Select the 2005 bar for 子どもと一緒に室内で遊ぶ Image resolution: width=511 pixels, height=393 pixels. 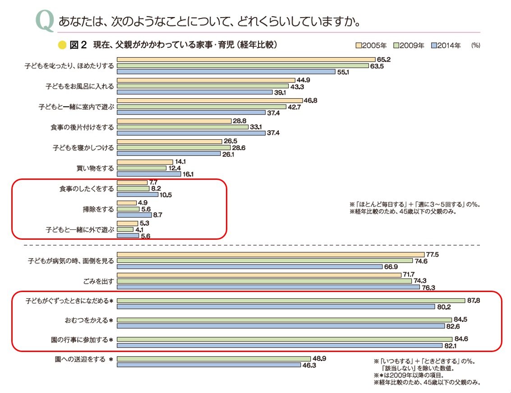tap(209, 101)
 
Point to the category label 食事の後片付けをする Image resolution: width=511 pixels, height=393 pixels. tap(82, 128)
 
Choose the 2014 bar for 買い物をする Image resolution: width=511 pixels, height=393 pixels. tap(148, 174)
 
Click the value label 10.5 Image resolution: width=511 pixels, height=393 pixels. tap(165, 195)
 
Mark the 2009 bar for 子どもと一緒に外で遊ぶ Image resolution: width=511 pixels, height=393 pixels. tap(125, 229)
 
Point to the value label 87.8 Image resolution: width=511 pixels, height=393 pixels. tap(473, 300)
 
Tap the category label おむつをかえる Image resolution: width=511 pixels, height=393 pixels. tap(87, 320)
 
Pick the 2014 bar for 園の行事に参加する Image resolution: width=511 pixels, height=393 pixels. tap(279, 346)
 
